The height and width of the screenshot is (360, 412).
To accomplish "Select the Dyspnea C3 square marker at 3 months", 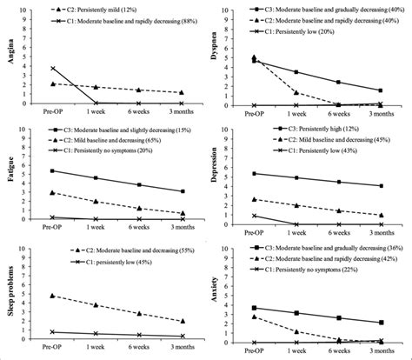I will (380, 90).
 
